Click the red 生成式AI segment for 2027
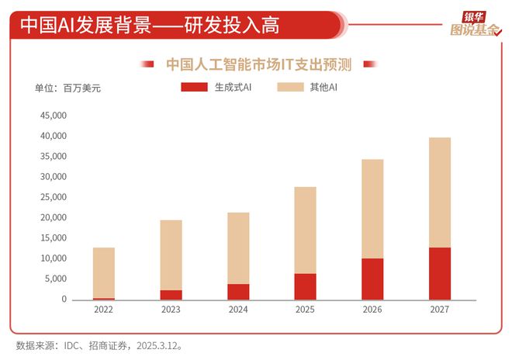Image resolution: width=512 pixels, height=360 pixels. [x=440, y=274]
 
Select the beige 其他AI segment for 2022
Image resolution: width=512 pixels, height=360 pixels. [x=104, y=272]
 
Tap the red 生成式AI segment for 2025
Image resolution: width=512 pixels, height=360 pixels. [x=305, y=286]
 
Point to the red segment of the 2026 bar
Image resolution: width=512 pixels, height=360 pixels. [x=372, y=279]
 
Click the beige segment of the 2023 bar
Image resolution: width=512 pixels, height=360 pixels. [x=171, y=255]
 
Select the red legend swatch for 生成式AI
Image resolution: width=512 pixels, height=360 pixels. [x=194, y=87]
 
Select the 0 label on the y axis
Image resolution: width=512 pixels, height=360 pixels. [x=65, y=300]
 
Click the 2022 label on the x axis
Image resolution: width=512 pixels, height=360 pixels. [x=104, y=310]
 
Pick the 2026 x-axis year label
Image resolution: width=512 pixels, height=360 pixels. [x=372, y=310]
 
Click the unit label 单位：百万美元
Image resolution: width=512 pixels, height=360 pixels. [x=68, y=88]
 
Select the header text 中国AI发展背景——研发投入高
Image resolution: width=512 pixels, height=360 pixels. [x=149, y=25]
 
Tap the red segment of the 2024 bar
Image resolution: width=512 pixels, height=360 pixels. [x=238, y=292]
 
